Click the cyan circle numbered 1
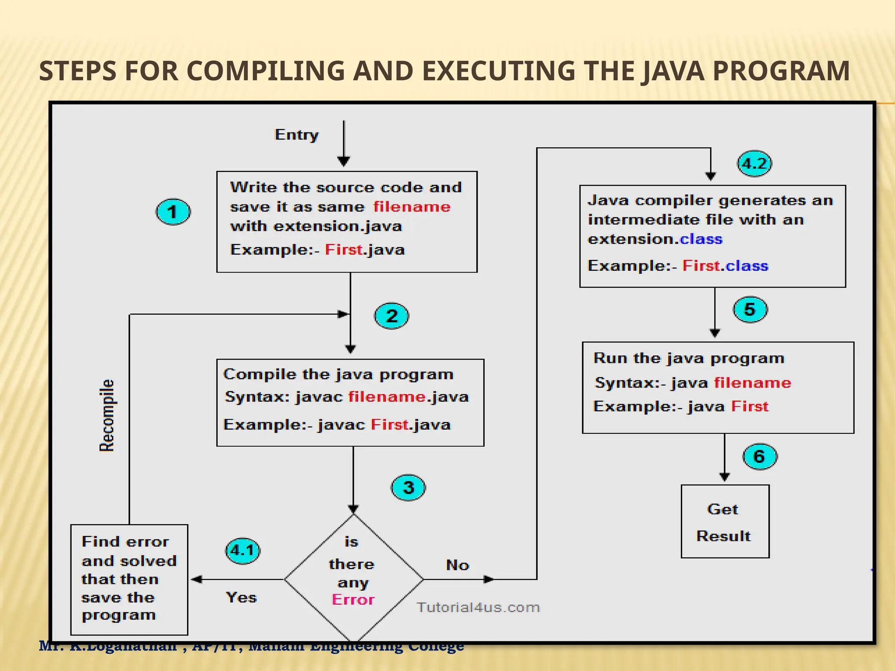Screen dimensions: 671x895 [x=173, y=212]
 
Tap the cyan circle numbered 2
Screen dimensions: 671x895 [x=392, y=316]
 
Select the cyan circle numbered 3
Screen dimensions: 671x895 [x=408, y=488]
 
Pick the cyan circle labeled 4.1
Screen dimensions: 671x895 [x=243, y=550]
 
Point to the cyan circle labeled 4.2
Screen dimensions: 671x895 [x=754, y=164]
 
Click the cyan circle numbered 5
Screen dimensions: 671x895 [x=750, y=309]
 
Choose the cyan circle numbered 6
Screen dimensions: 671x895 [x=760, y=457]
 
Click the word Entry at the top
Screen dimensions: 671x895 [x=296, y=135]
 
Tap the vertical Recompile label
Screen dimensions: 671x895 [x=107, y=415]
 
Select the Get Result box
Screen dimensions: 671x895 [x=725, y=522]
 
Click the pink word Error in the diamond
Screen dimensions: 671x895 [x=353, y=600]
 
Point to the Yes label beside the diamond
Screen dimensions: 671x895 [x=241, y=597]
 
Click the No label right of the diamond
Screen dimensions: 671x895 [x=457, y=565]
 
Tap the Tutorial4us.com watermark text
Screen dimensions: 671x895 [x=478, y=607]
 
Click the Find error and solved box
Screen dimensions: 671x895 [x=129, y=579]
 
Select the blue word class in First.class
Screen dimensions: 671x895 [x=747, y=266]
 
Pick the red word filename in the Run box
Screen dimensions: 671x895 [x=753, y=383]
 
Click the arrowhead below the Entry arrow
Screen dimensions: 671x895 [x=344, y=161]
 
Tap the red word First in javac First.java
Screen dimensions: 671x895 [x=390, y=425]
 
